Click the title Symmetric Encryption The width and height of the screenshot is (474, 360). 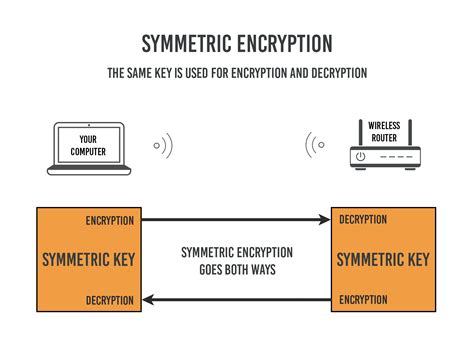(236, 43)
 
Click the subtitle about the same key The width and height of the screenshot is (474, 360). (236, 74)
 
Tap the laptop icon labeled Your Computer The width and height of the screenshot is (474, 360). (89, 146)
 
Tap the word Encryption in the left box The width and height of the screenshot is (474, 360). (110, 220)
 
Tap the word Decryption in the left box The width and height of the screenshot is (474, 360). (110, 299)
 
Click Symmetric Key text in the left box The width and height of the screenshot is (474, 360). (89, 260)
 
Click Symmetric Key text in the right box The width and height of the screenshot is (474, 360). (383, 260)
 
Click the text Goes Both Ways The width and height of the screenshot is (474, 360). (236, 269)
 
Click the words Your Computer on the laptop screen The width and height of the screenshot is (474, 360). (89, 145)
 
